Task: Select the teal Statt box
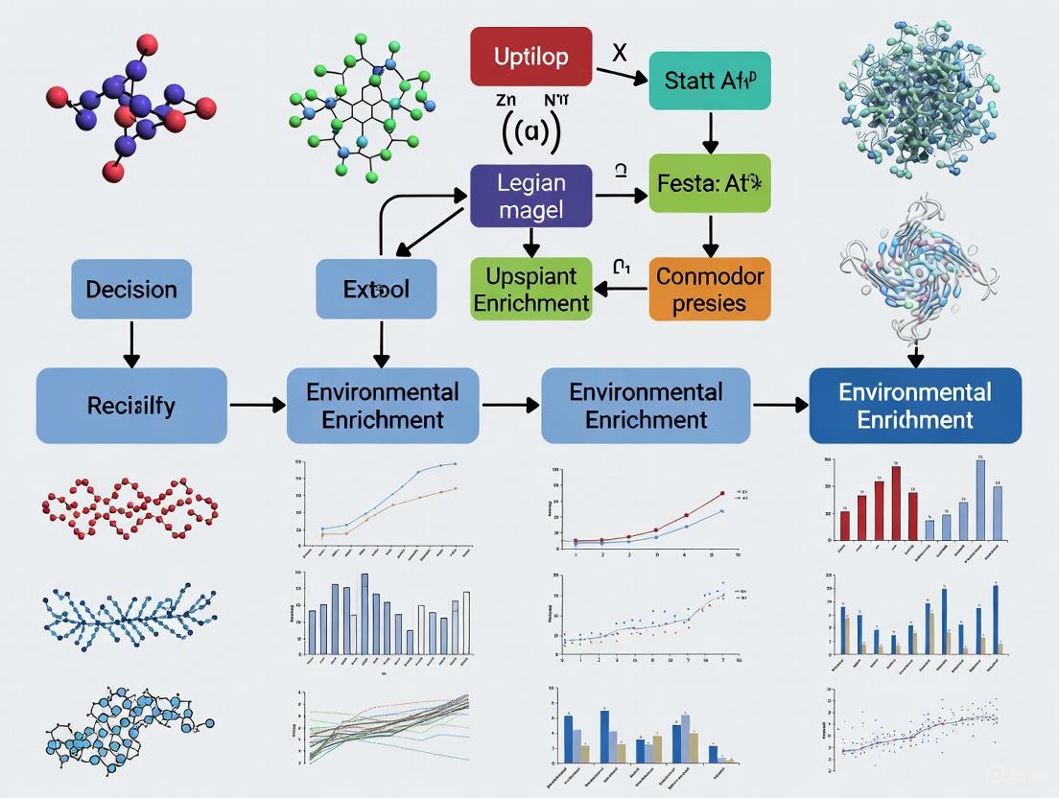[x=709, y=81]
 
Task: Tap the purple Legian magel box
[x=531, y=195]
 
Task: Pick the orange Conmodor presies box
[x=710, y=289]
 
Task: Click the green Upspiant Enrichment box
[x=530, y=289]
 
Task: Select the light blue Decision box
[x=131, y=289]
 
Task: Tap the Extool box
[x=376, y=289]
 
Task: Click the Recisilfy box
[x=131, y=405]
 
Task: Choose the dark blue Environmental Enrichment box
[x=915, y=406]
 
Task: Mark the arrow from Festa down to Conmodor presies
[x=710, y=234]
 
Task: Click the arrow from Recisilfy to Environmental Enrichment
[x=257, y=406]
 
